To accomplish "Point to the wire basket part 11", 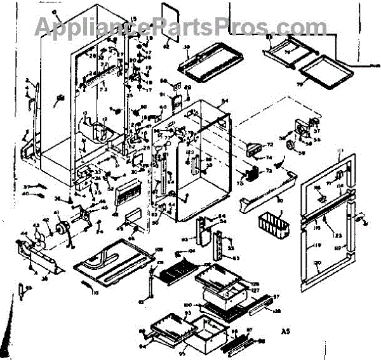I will pos(272,223).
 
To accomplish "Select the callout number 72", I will pos(269,145).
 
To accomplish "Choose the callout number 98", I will pos(261,342).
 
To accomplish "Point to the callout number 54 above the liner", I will pos(224,102).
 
